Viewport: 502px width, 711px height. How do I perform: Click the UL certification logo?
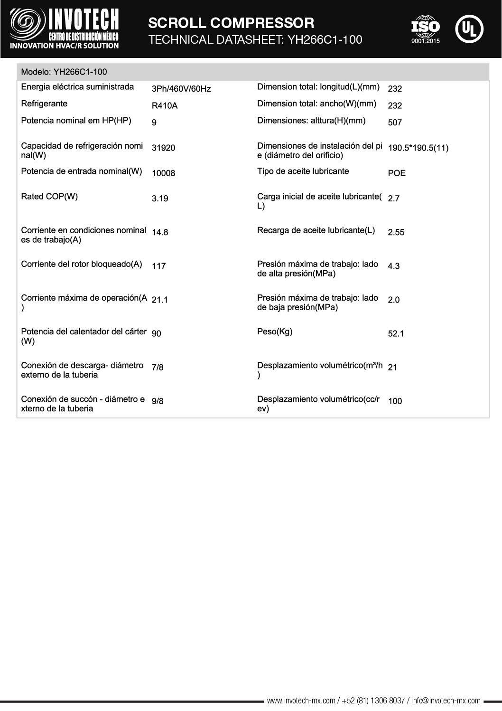coord(469,29)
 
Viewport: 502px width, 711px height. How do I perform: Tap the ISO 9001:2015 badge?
coord(425,29)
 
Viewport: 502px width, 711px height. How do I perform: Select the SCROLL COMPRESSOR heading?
coord(231,23)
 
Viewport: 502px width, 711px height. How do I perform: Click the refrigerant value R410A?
coord(165,105)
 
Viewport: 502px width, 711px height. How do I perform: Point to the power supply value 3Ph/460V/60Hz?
coord(181,89)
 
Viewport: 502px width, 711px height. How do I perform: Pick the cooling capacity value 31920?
coord(163,148)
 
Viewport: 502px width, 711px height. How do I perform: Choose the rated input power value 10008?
coord(163,173)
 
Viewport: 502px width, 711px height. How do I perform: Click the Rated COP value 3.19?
coord(160,199)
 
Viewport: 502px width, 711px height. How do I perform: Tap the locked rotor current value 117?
coord(158,266)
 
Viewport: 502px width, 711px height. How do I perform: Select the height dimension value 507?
coord(395,123)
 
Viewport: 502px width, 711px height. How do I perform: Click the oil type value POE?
coord(397,173)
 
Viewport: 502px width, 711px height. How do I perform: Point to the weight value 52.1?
coord(396,333)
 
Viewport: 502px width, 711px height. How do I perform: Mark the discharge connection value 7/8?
coord(158,367)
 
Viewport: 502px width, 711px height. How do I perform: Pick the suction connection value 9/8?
coord(158,401)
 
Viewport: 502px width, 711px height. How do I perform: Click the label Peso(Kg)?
coord(275,332)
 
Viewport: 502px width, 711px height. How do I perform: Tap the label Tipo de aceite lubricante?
coord(303,171)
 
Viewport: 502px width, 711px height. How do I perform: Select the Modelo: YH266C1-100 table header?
coord(64,72)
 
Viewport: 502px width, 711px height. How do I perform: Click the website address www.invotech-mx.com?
coord(302,701)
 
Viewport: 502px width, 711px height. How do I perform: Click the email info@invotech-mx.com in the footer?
coord(446,701)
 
